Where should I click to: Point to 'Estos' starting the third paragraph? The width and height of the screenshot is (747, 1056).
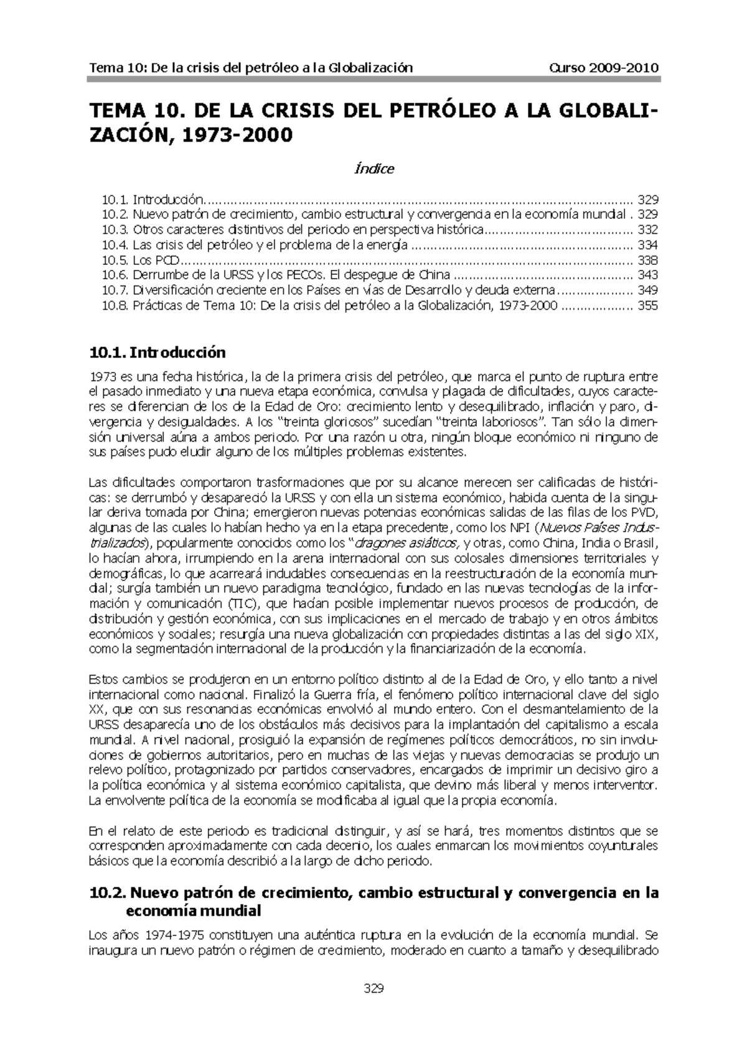[103, 679]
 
